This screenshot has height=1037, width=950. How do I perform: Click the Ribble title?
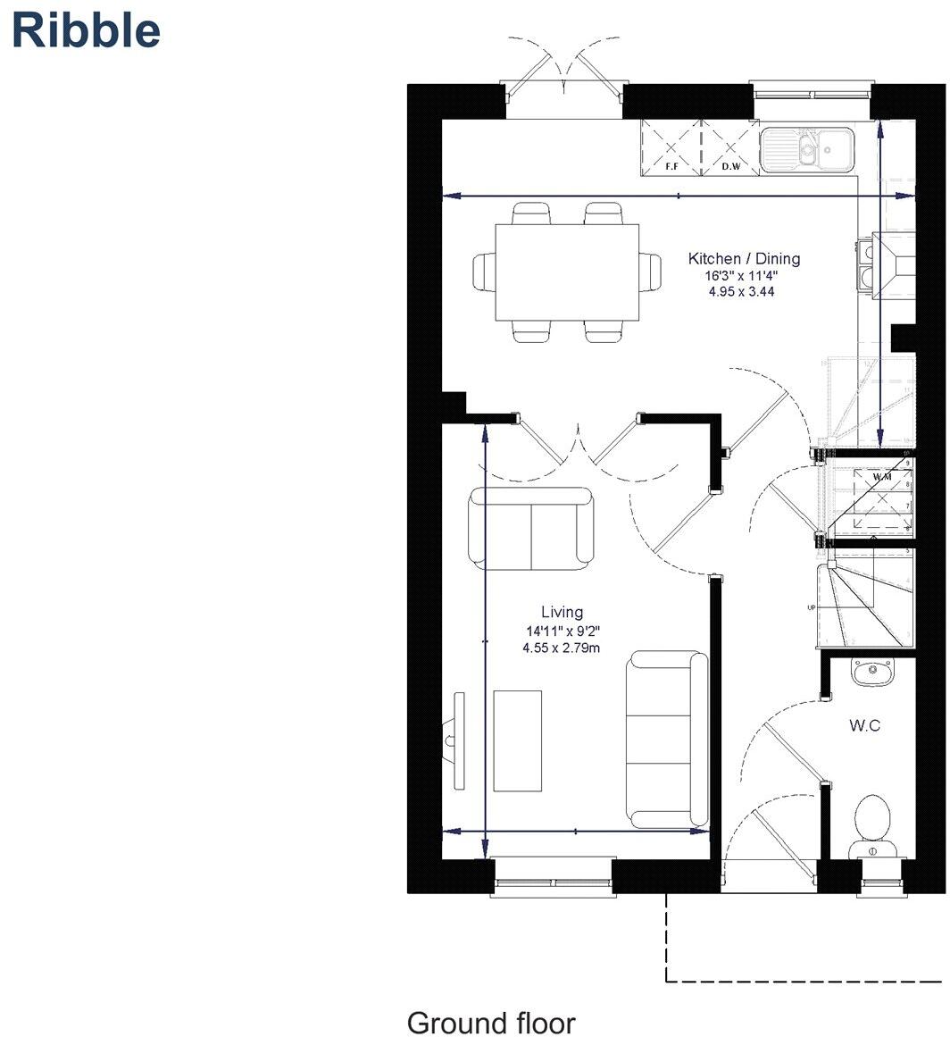coord(86,30)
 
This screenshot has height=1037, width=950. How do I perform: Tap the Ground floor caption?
coord(491,1022)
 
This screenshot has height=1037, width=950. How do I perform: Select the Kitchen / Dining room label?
coord(744,259)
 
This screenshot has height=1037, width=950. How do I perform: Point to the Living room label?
coord(562,612)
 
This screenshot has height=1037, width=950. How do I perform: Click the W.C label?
coord(863,725)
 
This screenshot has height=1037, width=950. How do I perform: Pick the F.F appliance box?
coord(671,147)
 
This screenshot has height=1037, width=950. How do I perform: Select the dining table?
coord(568,272)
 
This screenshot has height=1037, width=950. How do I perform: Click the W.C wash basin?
coord(871,672)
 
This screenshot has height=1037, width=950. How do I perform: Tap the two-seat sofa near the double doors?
coord(530,529)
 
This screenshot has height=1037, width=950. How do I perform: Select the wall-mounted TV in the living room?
coord(458,740)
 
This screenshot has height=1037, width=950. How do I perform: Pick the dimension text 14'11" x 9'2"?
coord(562,631)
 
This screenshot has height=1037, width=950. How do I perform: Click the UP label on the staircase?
coord(811,608)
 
